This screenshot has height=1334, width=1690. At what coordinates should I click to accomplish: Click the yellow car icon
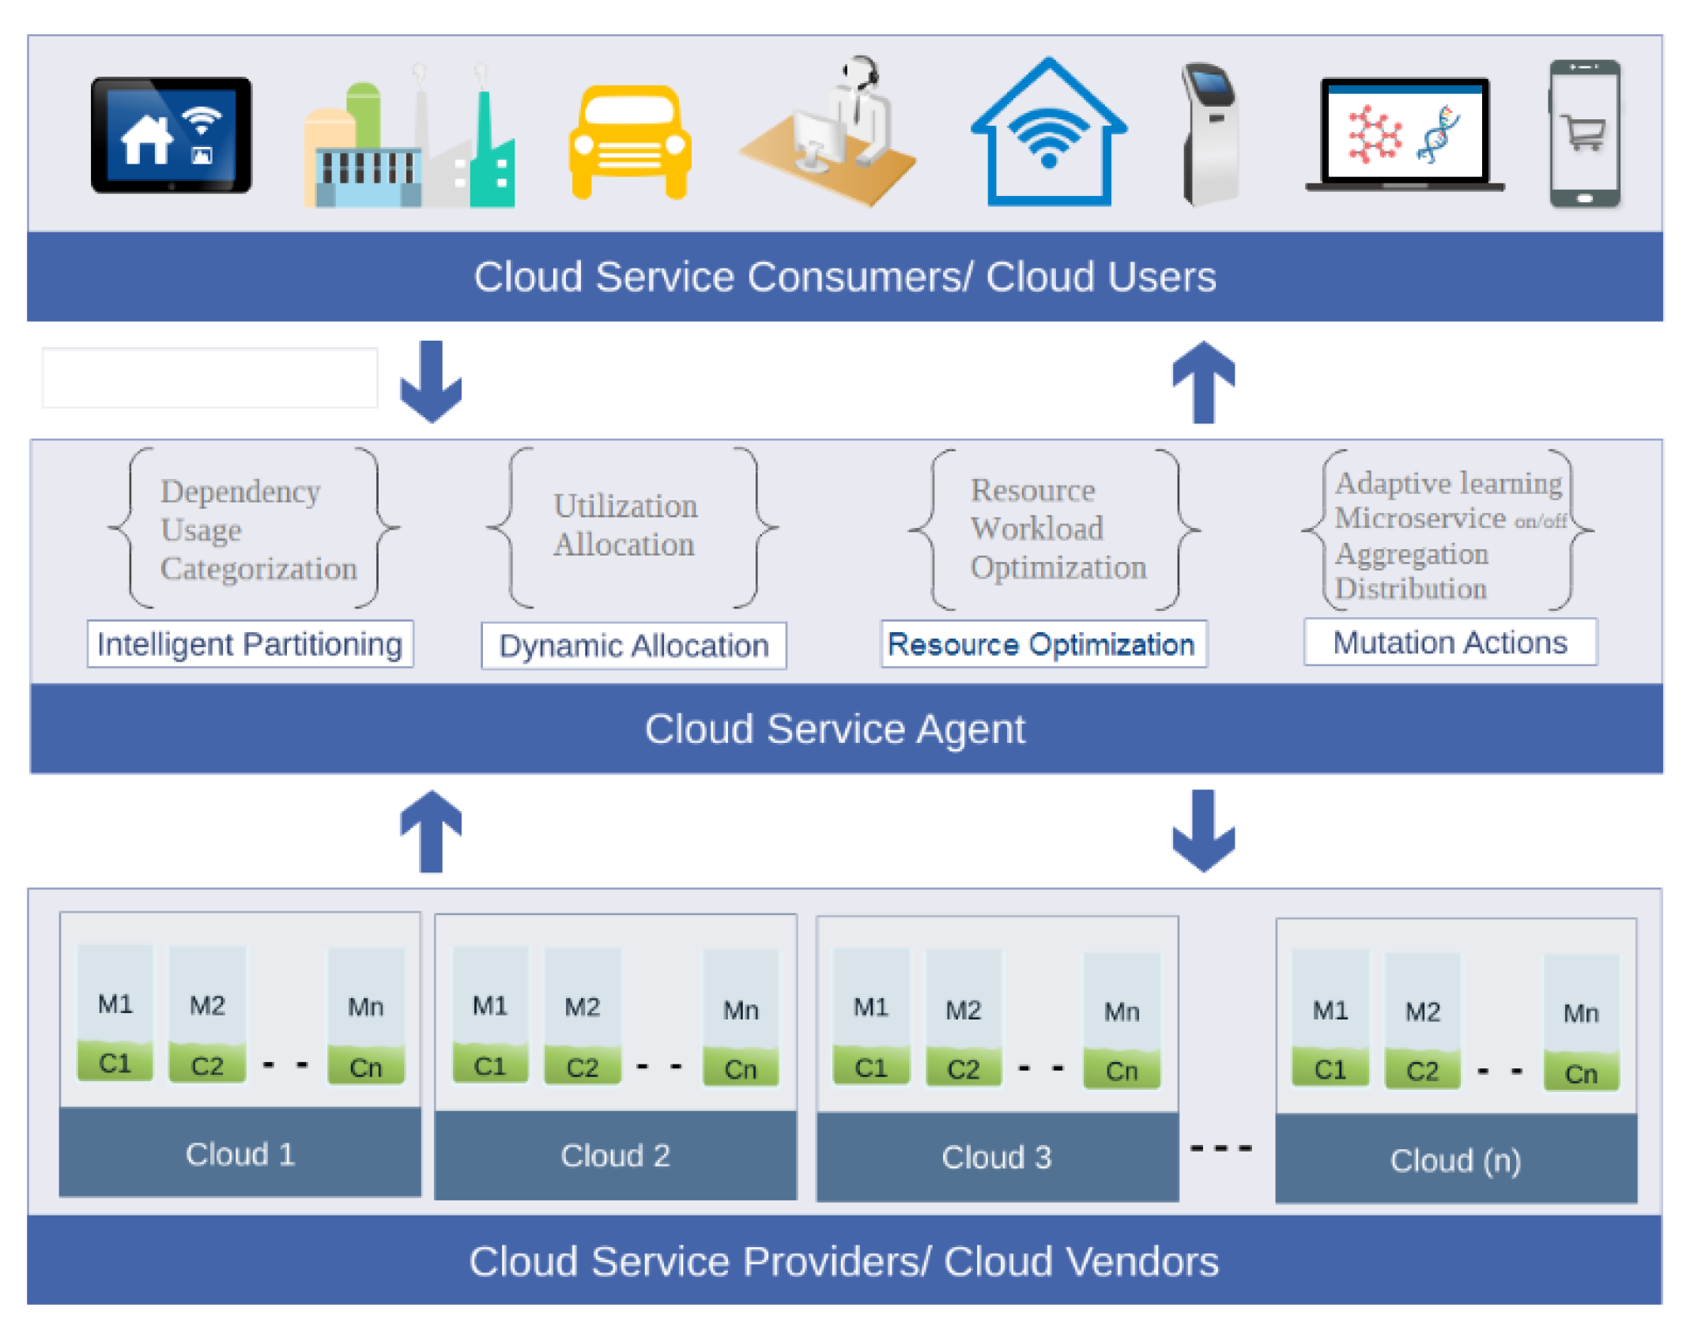point(630,142)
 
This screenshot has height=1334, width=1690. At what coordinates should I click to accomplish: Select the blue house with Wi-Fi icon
point(1048,134)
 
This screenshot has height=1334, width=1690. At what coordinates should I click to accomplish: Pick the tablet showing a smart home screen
point(171,135)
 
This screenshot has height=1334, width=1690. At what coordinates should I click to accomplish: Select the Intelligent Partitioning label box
point(250,644)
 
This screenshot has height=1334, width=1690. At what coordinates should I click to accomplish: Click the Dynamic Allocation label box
point(633,646)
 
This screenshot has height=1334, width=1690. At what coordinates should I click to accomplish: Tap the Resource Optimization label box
point(1043,644)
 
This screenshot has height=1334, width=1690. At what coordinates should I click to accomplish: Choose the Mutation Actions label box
point(1449,643)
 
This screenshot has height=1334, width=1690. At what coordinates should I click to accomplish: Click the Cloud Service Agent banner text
point(834,729)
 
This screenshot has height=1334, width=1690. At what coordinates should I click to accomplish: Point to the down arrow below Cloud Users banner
point(431,382)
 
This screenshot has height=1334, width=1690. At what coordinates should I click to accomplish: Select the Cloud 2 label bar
point(615,1155)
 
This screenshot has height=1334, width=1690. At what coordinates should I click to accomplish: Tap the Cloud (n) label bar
point(1455,1159)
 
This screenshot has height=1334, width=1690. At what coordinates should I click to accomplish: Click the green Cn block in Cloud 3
point(1121,1070)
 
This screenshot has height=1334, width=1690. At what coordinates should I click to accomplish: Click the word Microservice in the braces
point(1420,518)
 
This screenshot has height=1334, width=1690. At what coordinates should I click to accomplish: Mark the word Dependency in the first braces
point(240,492)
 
